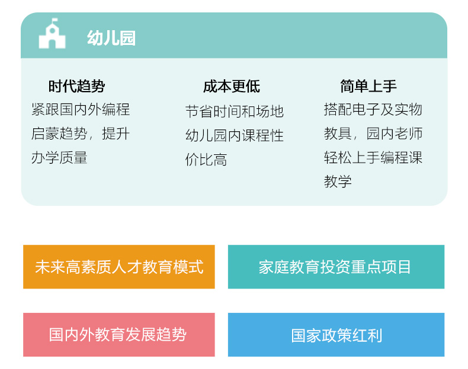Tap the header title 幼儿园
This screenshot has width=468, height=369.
pyautogui.click(x=111, y=38)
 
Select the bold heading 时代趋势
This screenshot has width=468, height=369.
pyautogui.click(x=76, y=86)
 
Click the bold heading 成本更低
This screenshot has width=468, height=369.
pyautogui.click(x=232, y=86)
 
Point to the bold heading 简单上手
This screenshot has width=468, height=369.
pyautogui.click(x=368, y=86)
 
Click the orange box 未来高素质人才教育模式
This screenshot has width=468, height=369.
pyautogui.click(x=119, y=267)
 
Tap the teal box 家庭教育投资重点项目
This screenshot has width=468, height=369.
pyautogui.click(x=336, y=267)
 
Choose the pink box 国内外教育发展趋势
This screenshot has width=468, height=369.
pyautogui.click(x=119, y=335)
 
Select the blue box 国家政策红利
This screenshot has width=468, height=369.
pyautogui.click(x=336, y=335)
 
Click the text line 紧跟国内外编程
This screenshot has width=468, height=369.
pyautogui.click(x=81, y=109)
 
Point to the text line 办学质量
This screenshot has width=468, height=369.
pyautogui.click(x=59, y=157)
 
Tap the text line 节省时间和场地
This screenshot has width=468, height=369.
pyautogui.click(x=235, y=112)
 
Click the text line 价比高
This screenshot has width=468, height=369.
pyautogui.click(x=206, y=160)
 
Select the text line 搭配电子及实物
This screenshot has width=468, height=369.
pyautogui.click(x=373, y=109)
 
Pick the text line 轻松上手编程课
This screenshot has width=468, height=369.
pyautogui.click(x=373, y=157)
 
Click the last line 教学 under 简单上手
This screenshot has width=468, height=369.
pyautogui.click(x=338, y=182)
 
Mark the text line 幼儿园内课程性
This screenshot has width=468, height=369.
pyautogui.click(x=235, y=136)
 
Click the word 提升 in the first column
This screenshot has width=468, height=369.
pyautogui.click(x=116, y=134)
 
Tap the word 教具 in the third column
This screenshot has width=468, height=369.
pyautogui.click(x=338, y=134)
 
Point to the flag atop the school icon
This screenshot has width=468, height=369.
pyautogui.click(x=55, y=21)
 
